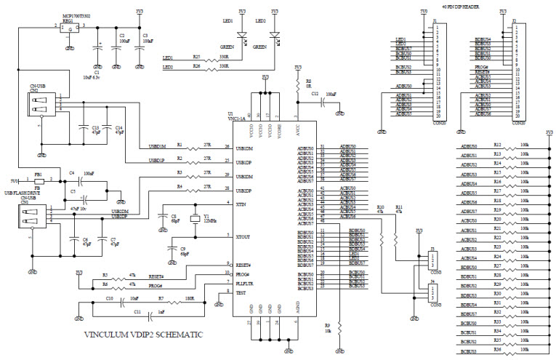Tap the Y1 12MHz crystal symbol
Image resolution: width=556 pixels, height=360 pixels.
click(195, 220)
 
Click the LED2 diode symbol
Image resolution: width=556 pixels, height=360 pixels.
click(274, 34)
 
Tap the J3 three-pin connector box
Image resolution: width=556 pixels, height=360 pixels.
click(433, 260)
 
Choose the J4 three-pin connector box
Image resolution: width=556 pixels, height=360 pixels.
click(433, 294)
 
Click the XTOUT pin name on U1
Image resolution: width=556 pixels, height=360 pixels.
click(243, 236)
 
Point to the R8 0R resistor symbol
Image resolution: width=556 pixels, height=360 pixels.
click(297, 85)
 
